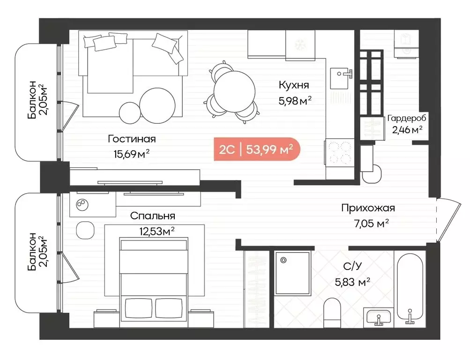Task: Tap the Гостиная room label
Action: click(131, 139)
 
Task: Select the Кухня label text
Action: click(294, 85)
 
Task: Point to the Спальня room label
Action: click(153, 216)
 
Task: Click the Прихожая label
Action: click(368, 208)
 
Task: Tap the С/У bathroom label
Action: click(352, 266)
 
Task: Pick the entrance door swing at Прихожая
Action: click(448, 220)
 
